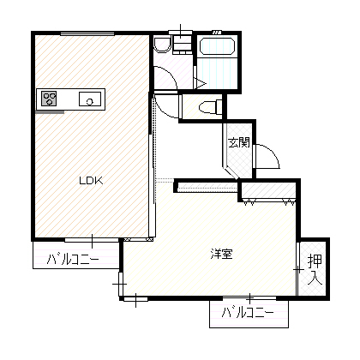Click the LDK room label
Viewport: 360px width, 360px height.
(91, 181)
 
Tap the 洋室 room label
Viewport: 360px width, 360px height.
(222, 254)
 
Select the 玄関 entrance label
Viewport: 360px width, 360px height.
(239, 142)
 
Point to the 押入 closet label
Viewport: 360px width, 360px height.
(315, 270)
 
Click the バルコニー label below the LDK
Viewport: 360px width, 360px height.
(73, 260)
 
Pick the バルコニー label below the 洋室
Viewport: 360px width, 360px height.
(248, 314)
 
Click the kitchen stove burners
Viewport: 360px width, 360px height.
(49, 99)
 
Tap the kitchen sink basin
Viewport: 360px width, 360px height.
(90, 99)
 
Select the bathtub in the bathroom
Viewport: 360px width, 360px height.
(217, 46)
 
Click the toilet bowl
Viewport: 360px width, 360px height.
(211, 107)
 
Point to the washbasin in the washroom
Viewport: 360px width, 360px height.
(162, 45)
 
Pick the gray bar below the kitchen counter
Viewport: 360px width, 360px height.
(50, 112)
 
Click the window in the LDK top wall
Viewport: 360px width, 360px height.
(87, 33)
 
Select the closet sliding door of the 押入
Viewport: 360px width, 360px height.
(297, 269)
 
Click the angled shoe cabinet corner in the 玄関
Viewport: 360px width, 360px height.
(231, 172)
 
